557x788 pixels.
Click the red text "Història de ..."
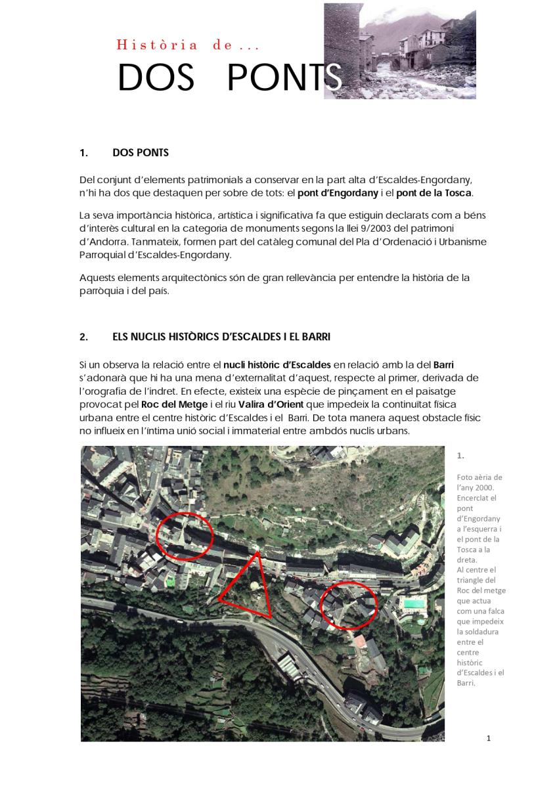(x=188, y=45)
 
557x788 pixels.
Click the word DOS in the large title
(x=156, y=78)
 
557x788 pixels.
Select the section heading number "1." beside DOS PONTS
(x=83, y=153)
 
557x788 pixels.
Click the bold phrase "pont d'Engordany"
(x=338, y=193)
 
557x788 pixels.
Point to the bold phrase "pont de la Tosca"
(x=434, y=193)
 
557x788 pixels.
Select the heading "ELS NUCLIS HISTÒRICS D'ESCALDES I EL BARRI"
(x=221, y=337)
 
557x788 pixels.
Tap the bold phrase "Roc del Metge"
(x=165, y=405)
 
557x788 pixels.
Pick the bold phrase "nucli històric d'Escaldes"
(x=277, y=364)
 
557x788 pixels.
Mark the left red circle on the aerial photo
(x=185, y=536)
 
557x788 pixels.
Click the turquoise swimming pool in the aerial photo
(x=412, y=603)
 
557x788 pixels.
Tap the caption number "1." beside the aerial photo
(x=460, y=455)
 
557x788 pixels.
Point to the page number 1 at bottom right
(x=488, y=738)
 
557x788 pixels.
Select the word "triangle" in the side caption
(x=470, y=580)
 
